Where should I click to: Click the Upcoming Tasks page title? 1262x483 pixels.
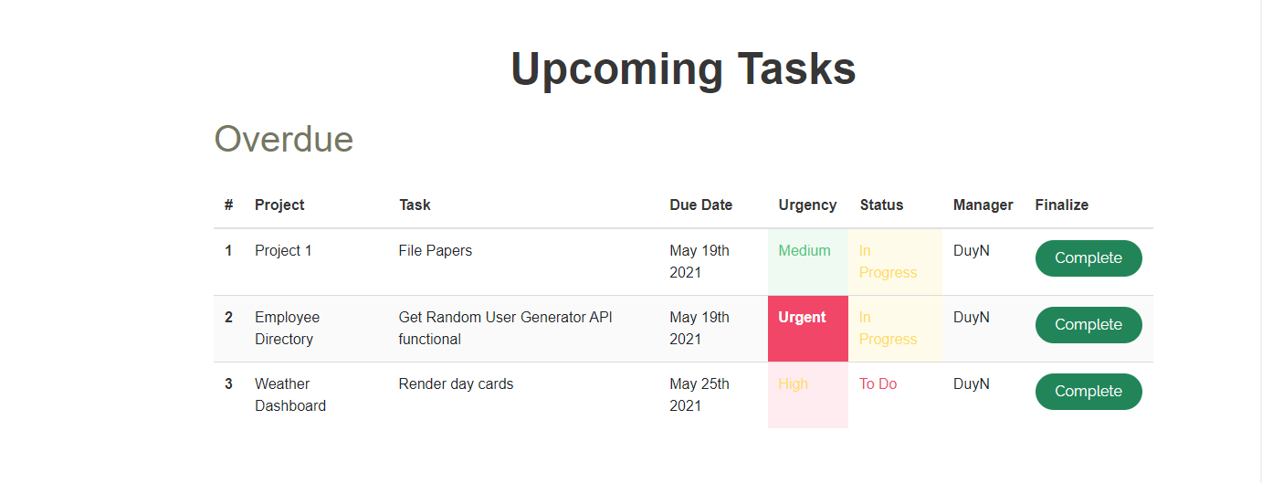click(x=683, y=69)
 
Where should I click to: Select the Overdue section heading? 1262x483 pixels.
click(x=283, y=139)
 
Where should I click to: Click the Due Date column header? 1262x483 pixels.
click(x=701, y=205)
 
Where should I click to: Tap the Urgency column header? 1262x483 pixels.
click(x=807, y=205)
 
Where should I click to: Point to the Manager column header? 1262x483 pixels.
click(x=983, y=205)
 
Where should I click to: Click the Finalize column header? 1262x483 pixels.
click(x=1061, y=205)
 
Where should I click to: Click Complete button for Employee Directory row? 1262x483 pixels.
click(x=1088, y=325)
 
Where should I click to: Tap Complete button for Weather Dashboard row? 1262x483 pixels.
click(x=1088, y=391)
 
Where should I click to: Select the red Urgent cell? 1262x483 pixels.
click(x=808, y=329)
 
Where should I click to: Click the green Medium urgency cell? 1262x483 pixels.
click(x=808, y=261)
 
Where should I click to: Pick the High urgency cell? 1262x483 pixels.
click(x=808, y=395)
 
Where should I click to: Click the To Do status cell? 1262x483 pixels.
click(x=878, y=383)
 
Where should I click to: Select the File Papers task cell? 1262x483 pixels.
click(x=435, y=250)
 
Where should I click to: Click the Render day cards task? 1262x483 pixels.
click(x=456, y=383)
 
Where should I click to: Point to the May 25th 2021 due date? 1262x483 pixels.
click(x=699, y=394)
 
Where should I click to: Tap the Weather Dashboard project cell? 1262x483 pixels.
click(x=290, y=394)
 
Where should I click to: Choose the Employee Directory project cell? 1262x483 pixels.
click(x=287, y=328)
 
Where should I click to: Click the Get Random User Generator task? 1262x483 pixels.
click(x=505, y=328)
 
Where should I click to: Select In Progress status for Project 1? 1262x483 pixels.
click(x=888, y=261)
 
